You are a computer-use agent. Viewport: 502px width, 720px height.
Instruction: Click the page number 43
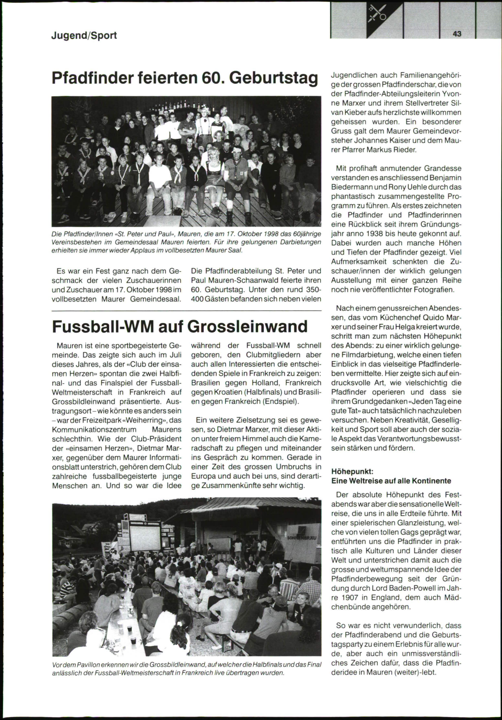pyautogui.click(x=456, y=34)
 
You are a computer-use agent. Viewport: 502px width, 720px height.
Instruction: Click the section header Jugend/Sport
pyautogui.click(x=84, y=36)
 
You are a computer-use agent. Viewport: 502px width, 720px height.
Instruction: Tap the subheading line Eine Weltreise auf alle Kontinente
pyautogui.click(x=391, y=481)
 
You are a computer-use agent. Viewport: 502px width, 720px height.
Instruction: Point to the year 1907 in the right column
pyautogui.click(x=350, y=597)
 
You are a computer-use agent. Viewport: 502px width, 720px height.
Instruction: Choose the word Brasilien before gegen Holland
pyautogui.click(x=207, y=382)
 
